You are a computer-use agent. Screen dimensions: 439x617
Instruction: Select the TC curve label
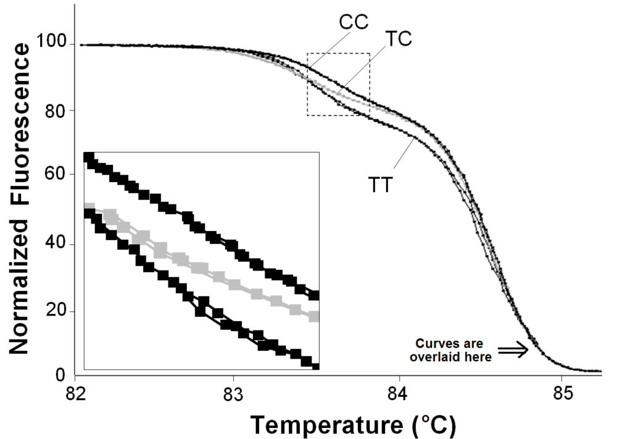coord(398,38)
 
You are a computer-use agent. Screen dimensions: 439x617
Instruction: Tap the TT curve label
coord(381,184)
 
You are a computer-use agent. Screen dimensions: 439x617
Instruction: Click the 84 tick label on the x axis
coord(400,393)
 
